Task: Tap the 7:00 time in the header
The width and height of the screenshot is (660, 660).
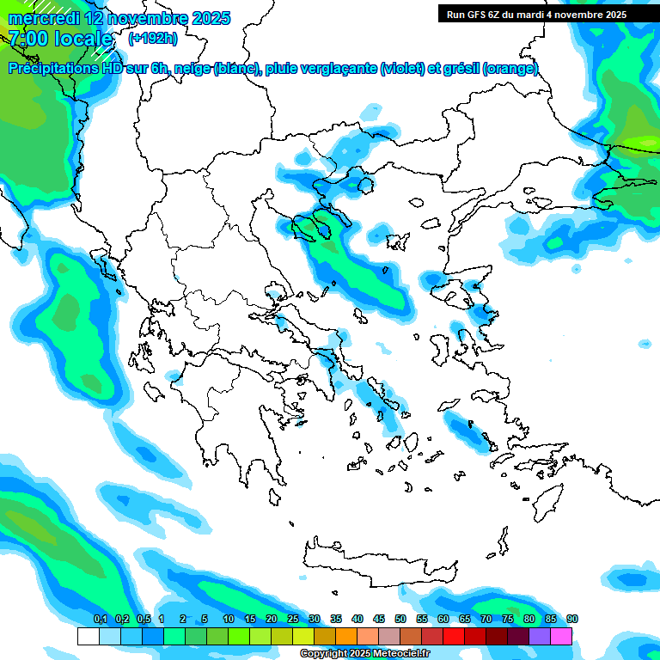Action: point(27,39)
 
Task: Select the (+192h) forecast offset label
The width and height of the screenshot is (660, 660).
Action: point(153,38)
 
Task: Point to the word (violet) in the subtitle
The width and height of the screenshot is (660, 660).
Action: point(400,69)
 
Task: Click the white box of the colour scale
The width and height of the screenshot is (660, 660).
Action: point(88,636)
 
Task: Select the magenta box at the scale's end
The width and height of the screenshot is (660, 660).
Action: point(561,636)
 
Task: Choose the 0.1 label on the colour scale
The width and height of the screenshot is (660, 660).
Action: point(100,620)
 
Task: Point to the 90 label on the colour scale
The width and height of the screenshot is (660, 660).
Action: point(572,620)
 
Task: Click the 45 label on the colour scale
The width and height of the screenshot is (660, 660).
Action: point(379,620)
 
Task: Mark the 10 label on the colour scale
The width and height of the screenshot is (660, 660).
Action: point(228,620)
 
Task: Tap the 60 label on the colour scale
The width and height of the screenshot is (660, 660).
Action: point(443,620)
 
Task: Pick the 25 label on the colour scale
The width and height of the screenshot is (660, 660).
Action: point(293,620)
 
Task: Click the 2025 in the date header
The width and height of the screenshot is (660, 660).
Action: point(211,18)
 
